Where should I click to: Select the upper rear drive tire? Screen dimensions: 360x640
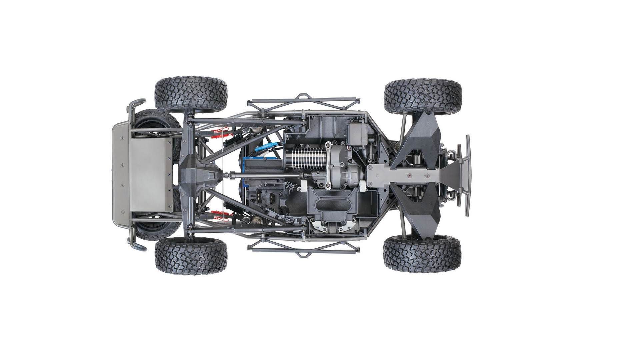click(191, 95)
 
